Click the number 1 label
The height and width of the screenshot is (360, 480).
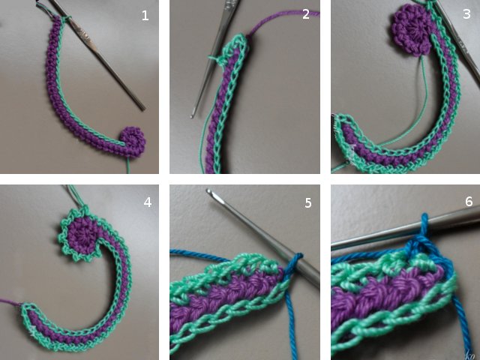pyautogui.click(x=145, y=15)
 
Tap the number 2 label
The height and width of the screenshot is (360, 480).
pyautogui.click(x=306, y=14)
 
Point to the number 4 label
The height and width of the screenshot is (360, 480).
pyautogui.click(x=147, y=202)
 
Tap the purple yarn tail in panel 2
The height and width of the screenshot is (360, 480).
pyautogui.click(x=277, y=22)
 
